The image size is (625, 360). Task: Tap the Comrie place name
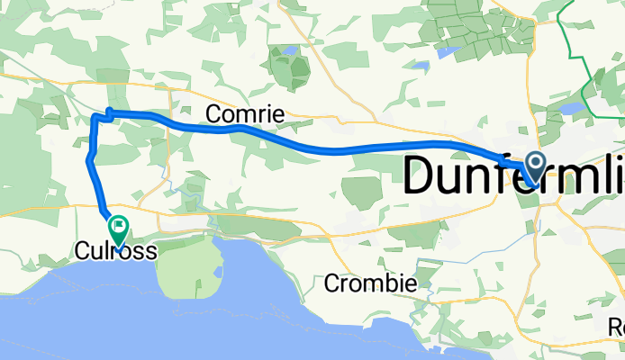click(245, 114)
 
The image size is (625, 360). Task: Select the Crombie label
click(371, 283)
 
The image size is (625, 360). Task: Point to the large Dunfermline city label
click(513, 175)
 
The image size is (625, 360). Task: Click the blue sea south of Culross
click(108, 315)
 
